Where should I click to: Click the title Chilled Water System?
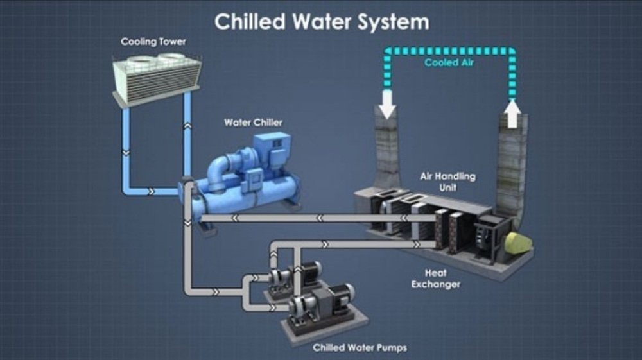tap(322, 22)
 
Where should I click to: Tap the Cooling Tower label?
tap(153, 42)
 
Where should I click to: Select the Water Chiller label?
tap(253, 123)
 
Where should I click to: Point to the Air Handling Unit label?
tap(447, 182)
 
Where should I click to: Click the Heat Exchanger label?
tap(436, 279)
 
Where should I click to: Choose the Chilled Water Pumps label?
tap(360, 348)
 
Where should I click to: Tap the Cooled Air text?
tap(449, 63)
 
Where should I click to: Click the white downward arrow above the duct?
tap(387, 105)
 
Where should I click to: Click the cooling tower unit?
tap(157, 78)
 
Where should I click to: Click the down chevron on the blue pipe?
tap(126, 153)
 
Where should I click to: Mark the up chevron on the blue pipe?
tap(187, 126)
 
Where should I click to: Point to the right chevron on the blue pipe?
tap(152, 191)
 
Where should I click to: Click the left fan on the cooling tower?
tap(141, 60)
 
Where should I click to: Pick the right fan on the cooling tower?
tap(172, 56)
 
